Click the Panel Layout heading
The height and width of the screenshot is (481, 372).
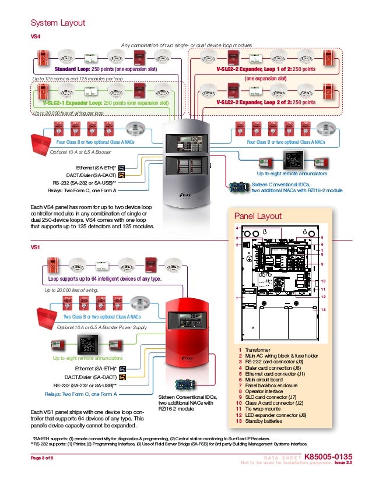pos(257,217)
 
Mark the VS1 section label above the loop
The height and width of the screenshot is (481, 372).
pos(35,247)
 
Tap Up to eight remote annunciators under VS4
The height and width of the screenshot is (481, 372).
pos(292,173)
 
